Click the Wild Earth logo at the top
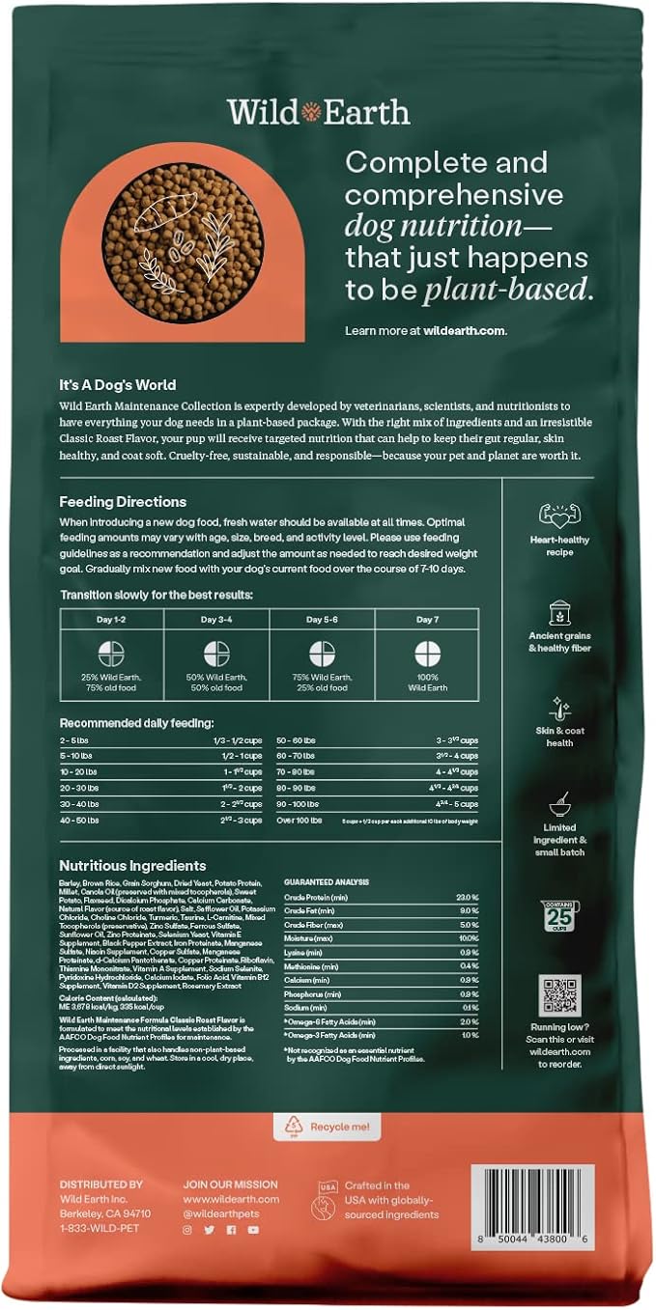point(319,112)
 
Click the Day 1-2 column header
point(112,619)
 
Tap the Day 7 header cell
point(428,619)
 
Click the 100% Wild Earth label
point(428,683)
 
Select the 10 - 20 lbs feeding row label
point(80,771)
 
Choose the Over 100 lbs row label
point(299,820)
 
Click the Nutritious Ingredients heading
point(132,866)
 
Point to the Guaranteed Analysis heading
point(328,882)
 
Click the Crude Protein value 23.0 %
point(468,898)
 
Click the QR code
point(559,995)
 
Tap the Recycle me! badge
point(328,1126)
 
